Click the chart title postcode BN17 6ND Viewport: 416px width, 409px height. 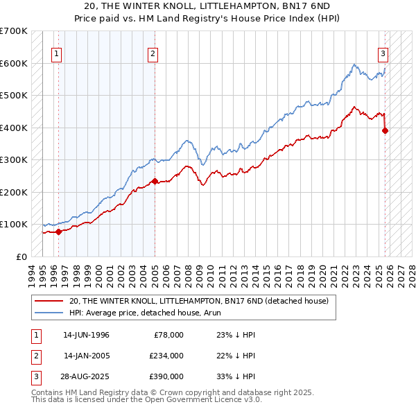(x=295, y=6)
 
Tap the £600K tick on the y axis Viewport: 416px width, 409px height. (x=14, y=63)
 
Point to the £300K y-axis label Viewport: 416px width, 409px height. (x=14, y=160)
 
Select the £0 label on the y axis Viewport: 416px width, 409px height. (x=21, y=256)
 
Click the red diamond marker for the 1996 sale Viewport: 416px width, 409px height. (x=59, y=232)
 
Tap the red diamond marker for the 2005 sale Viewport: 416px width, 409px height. (x=155, y=182)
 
